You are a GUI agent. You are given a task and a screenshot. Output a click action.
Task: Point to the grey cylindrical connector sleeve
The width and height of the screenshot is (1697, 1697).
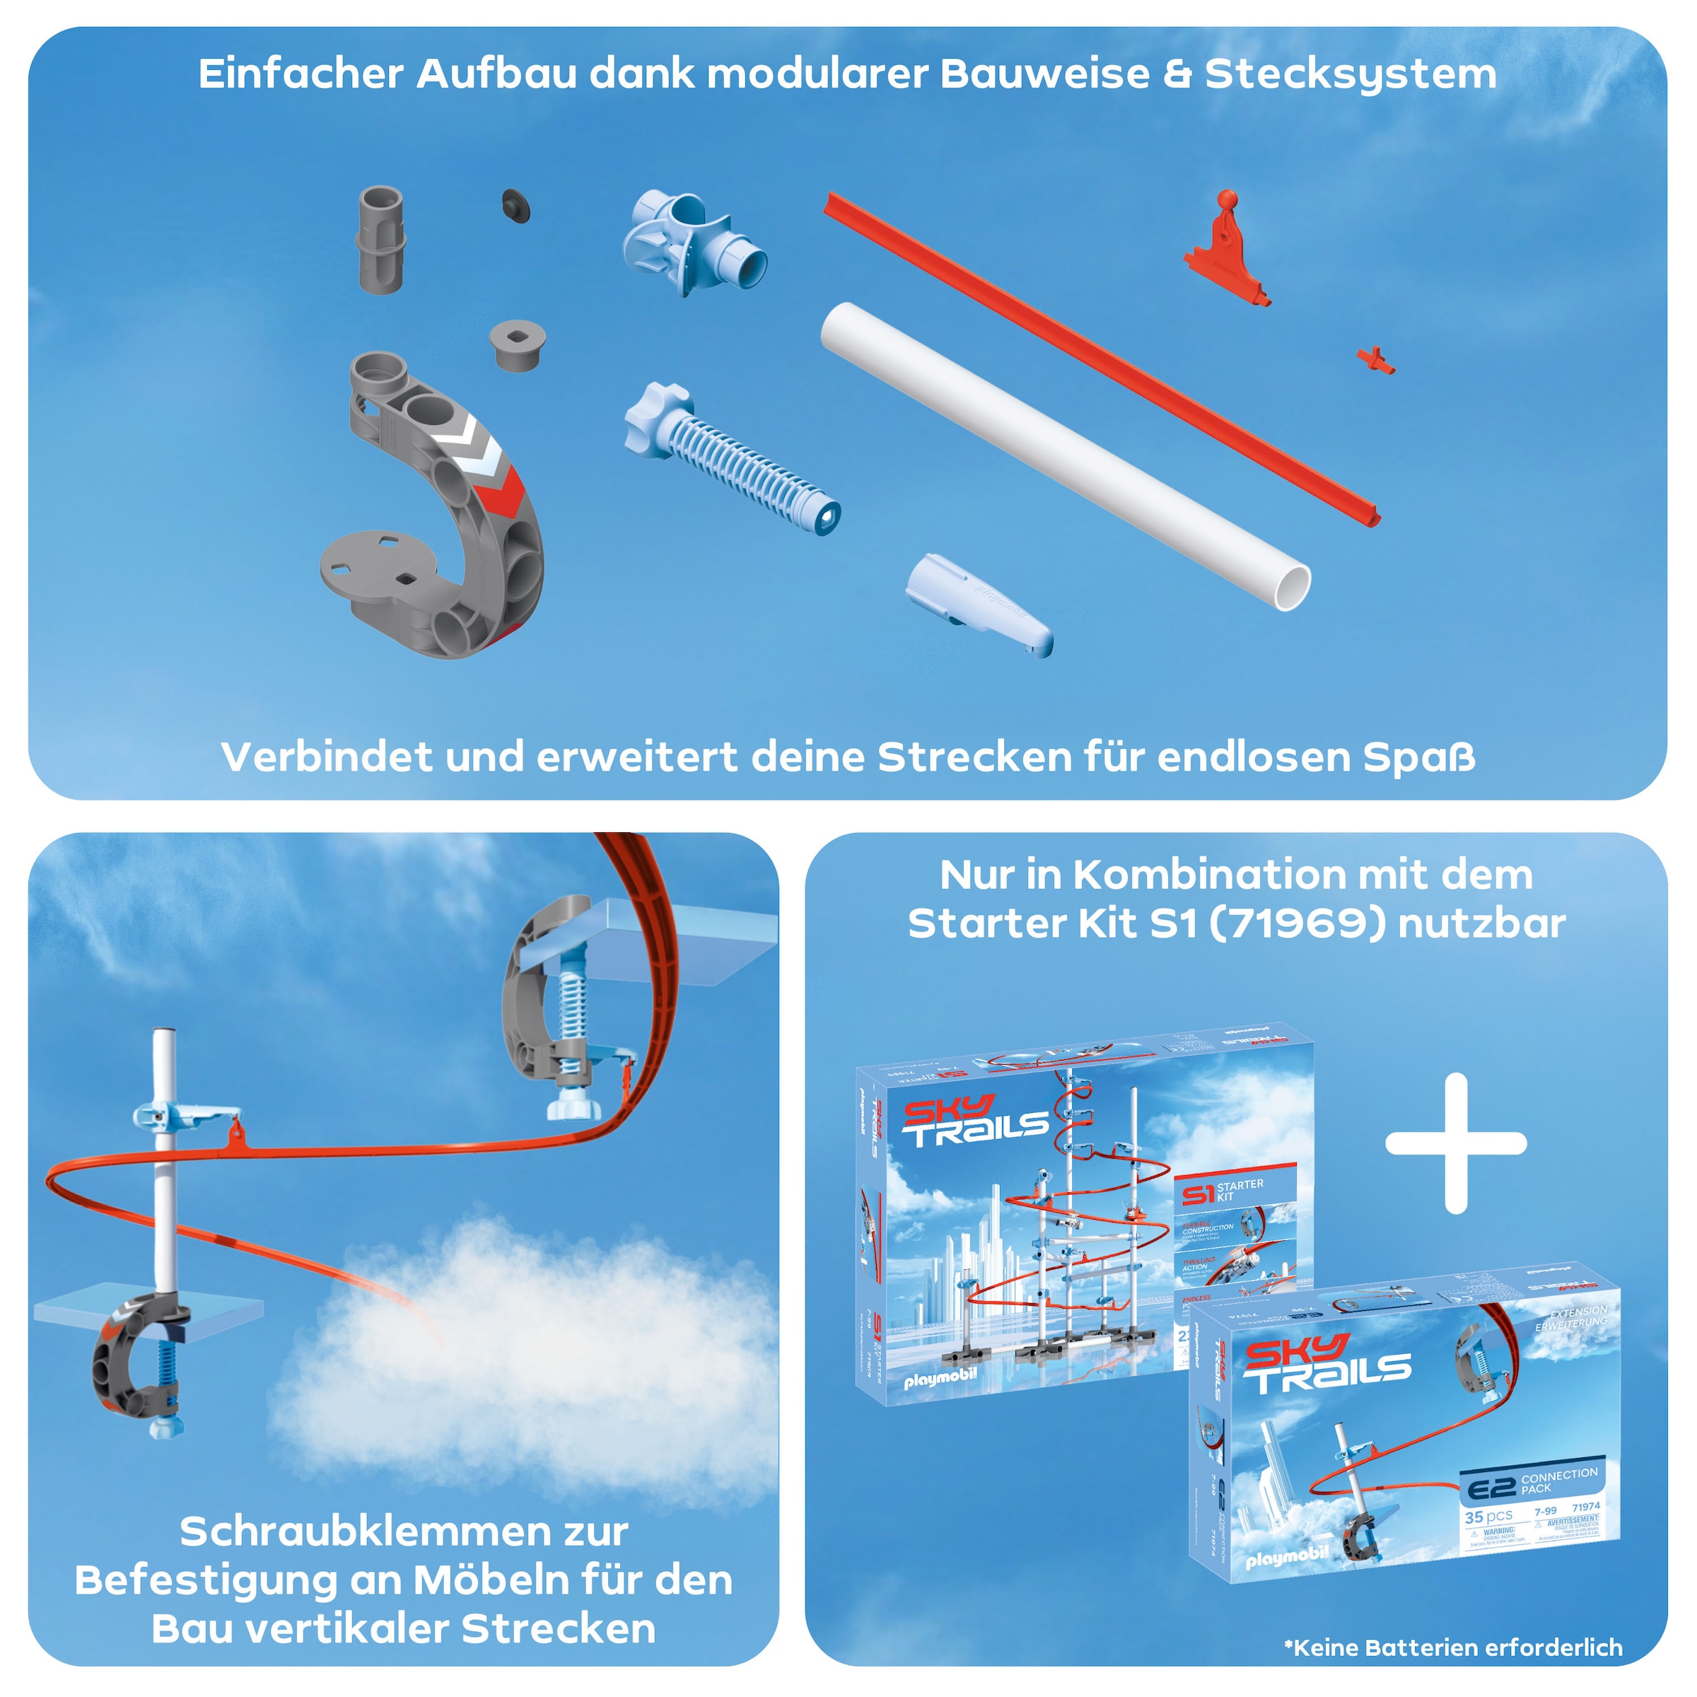[381, 239]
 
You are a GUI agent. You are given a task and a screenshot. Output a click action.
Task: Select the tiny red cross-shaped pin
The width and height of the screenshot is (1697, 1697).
[1375, 359]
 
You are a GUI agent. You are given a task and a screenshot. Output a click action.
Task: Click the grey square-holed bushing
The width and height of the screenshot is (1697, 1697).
[518, 344]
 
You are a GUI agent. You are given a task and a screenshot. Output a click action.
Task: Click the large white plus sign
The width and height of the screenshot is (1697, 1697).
[1455, 1143]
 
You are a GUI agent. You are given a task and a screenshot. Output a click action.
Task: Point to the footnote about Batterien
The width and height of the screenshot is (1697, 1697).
[1453, 1648]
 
